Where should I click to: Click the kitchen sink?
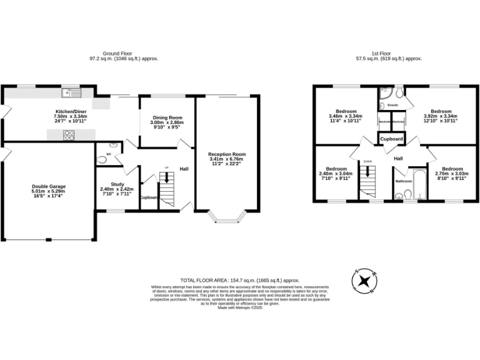[x=69, y=94]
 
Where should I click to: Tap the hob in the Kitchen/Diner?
[x=68, y=133]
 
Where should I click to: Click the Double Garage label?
[x=49, y=186]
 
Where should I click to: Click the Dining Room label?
[x=167, y=117]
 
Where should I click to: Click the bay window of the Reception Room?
[x=227, y=217]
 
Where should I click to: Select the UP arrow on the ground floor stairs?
[x=166, y=177]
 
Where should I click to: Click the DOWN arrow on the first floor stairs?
[x=367, y=170]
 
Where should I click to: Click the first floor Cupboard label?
[x=392, y=139]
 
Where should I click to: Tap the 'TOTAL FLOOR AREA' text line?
[x=240, y=281]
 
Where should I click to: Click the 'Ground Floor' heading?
[x=124, y=54]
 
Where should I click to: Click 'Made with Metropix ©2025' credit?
[x=240, y=307]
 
